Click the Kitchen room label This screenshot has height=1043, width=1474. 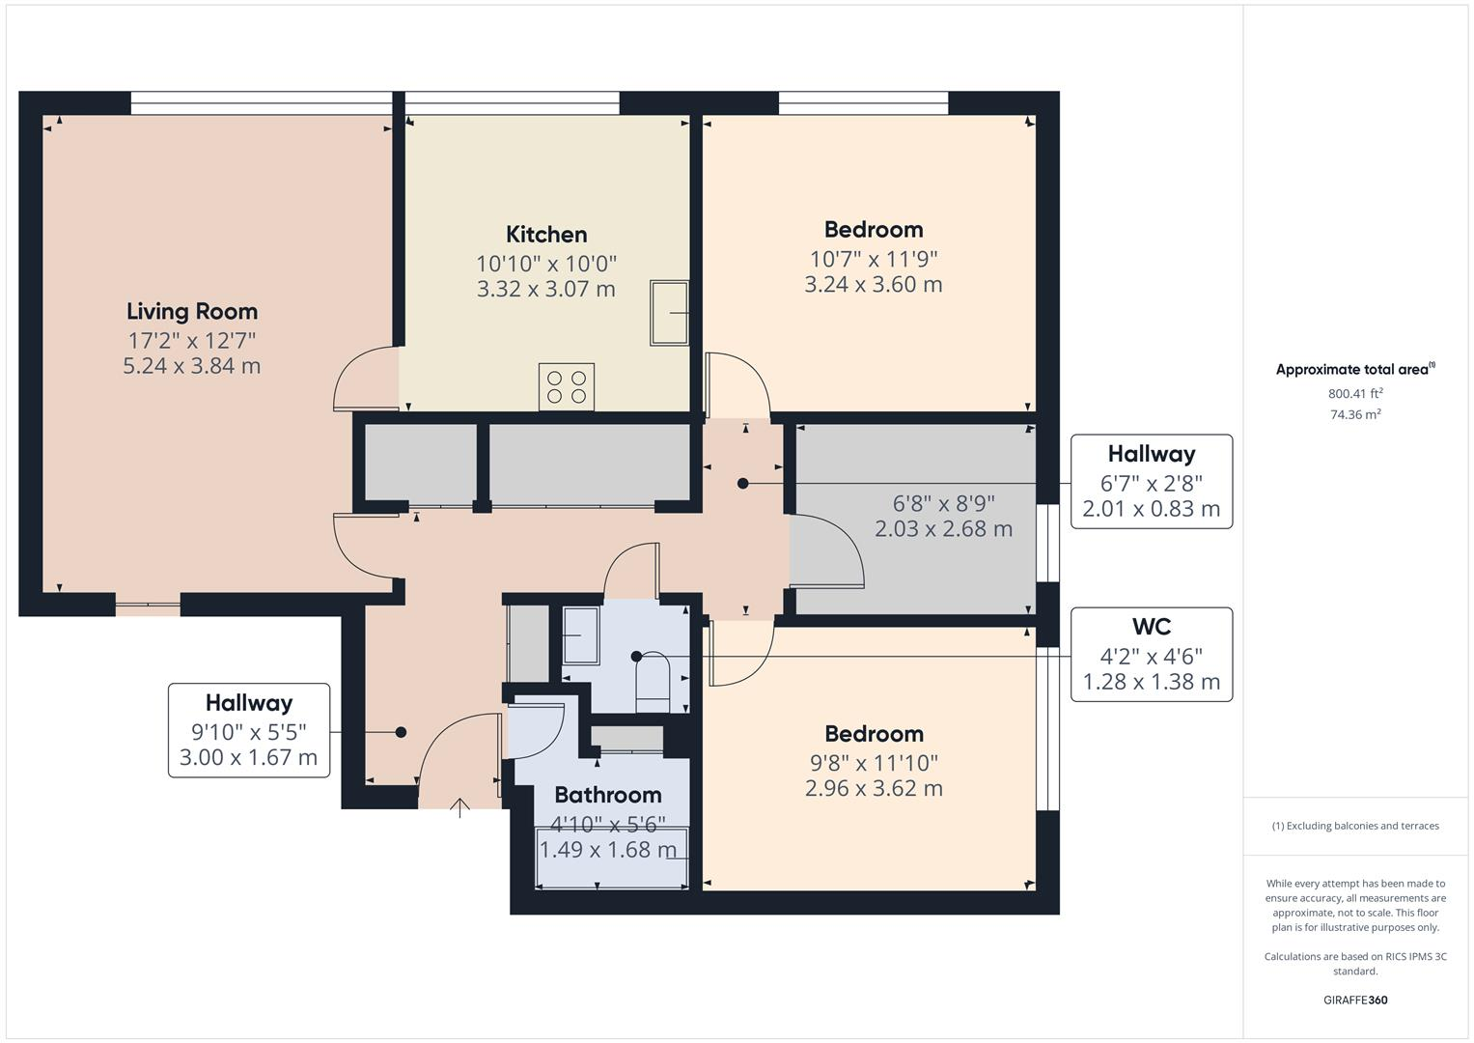click(546, 235)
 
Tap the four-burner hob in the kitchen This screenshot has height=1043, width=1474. click(567, 386)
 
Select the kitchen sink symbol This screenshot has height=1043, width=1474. click(669, 312)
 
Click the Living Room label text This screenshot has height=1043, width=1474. click(192, 311)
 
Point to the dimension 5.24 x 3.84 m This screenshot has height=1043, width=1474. click(192, 366)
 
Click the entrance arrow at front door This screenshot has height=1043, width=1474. click(460, 807)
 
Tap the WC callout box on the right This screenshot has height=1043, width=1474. click(1151, 654)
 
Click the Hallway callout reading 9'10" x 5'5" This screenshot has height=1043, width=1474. click(248, 730)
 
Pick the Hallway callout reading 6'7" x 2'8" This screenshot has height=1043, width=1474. click(1151, 481)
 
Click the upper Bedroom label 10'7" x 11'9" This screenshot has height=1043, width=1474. click(874, 230)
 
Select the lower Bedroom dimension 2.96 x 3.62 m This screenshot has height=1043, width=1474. click(874, 788)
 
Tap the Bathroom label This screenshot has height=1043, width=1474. click(608, 795)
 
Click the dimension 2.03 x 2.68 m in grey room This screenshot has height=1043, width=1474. click(943, 529)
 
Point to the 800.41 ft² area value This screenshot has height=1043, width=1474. click(1355, 393)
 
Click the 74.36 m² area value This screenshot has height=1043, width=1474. click(1355, 414)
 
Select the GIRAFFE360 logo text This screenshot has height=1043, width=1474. click(1355, 1000)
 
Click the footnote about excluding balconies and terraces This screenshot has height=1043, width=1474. click(1355, 826)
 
